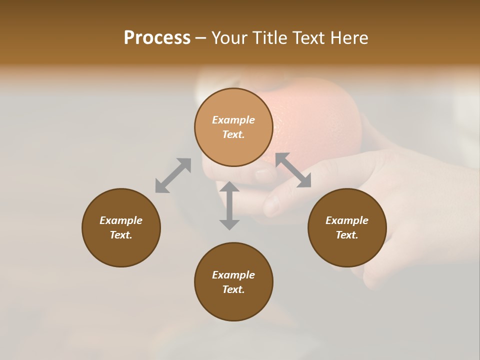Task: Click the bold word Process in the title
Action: [x=157, y=38]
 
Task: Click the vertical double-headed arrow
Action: [x=229, y=205]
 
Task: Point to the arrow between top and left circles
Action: [x=173, y=175]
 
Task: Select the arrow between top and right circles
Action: [x=293, y=170]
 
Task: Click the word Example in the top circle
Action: [x=233, y=120]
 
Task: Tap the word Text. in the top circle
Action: [x=233, y=134]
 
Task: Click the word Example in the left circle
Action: [x=121, y=220]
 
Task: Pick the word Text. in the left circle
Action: [x=121, y=235]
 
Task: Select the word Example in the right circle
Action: [x=347, y=220]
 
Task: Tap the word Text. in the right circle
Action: [x=347, y=235]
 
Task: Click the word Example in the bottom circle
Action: [x=233, y=275]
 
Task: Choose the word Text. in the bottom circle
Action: [x=233, y=289]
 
